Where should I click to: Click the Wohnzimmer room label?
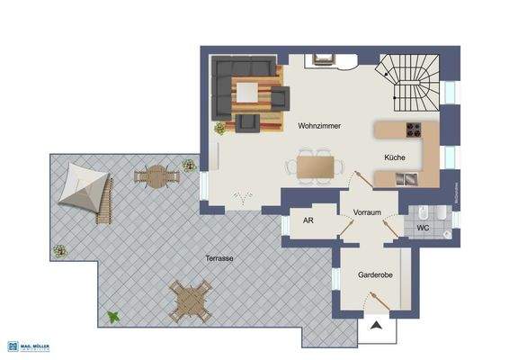319,127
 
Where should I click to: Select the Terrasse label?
219,257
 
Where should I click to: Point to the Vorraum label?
368,212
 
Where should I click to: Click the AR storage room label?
308,220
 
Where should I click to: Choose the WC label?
423,229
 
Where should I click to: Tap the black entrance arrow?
376,328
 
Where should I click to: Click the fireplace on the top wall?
323,61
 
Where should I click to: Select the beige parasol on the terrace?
80,187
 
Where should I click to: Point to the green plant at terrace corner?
114,317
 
